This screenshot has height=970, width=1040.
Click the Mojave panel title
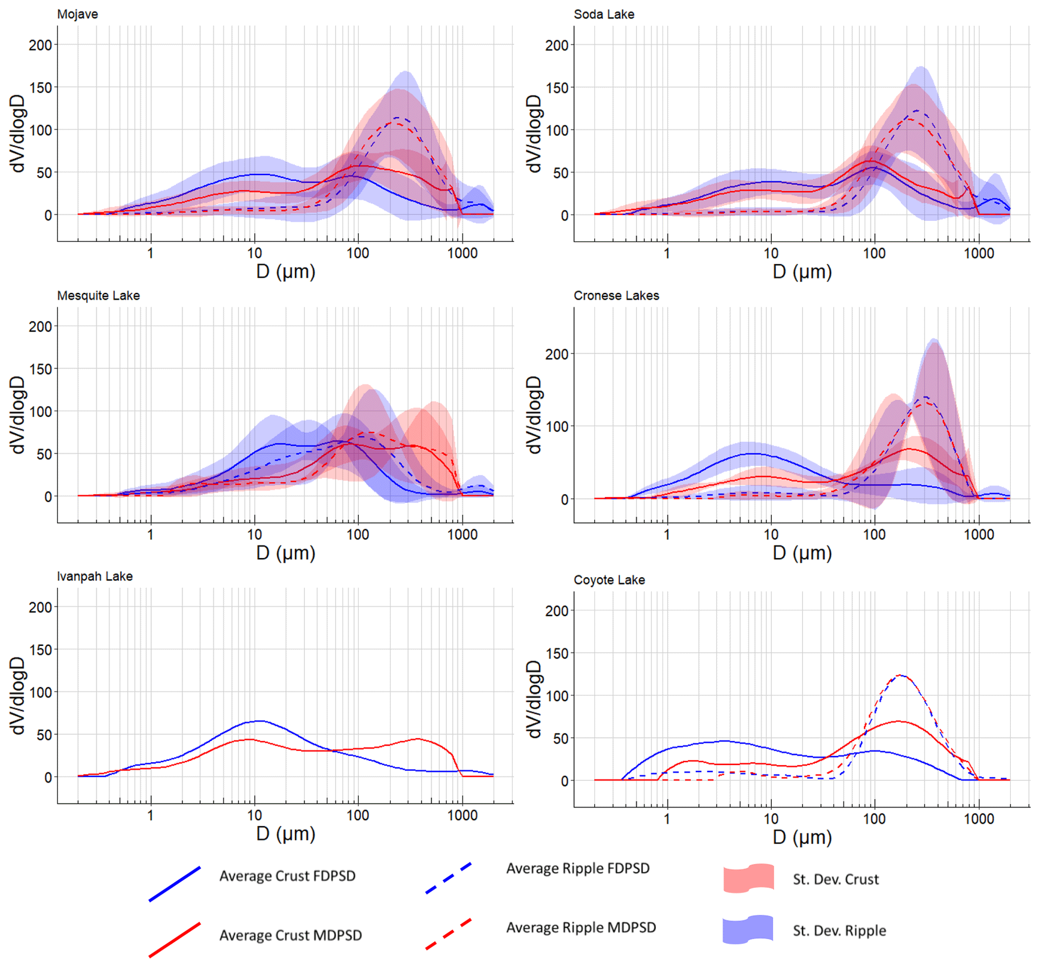(77, 14)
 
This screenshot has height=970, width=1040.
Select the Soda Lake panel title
(604, 14)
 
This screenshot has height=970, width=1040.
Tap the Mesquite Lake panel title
(98, 296)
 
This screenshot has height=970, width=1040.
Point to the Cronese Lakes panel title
(616, 296)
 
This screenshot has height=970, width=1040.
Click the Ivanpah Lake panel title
(95, 576)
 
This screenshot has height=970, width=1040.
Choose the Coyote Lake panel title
(609, 580)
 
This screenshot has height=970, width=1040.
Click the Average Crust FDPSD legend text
(287, 876)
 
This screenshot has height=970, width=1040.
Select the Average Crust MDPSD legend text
(290, 935)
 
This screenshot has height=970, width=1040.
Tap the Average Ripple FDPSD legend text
(578, 868)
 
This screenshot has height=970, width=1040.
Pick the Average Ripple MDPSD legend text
(581, 928)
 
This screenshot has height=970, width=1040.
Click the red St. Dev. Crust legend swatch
(748, 878)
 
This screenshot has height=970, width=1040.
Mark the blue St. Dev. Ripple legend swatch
(748, 930)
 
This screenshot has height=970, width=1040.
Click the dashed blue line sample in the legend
(448, 878)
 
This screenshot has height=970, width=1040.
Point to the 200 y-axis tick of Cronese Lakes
(556, 354)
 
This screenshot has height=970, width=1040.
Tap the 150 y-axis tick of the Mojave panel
(40, 88)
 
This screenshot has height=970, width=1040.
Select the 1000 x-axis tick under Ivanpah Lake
(462, 815)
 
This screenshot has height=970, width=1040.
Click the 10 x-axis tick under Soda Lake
(771, 254)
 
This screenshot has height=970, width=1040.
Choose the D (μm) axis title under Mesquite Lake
(286, 552)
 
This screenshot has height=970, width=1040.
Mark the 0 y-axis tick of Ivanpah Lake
(48, 777)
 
